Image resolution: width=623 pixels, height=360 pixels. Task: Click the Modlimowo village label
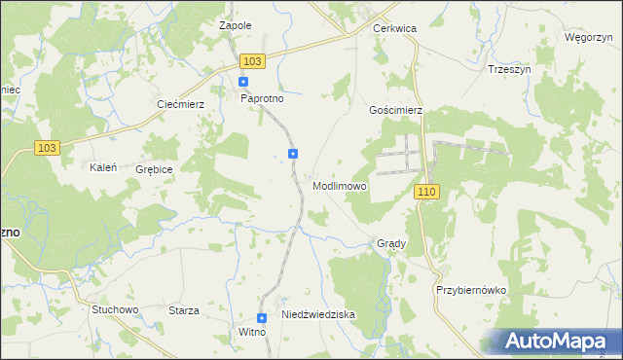(x=340, y=186)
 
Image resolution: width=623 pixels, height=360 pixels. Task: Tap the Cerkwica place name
(x=394, y=29)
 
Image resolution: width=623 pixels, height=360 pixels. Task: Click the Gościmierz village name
(x=395, y=111)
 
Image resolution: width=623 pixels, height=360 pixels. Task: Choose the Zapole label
(x=236, y=25)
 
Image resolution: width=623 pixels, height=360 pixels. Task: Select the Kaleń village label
(x=103, y=167)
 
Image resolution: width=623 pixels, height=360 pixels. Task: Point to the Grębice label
(x=154, y=169)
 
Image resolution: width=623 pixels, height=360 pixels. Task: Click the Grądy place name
(x=390, y=244)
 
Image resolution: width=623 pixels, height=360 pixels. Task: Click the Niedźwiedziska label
(x=318, y=315)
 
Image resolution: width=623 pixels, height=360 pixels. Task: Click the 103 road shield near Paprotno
(x=252, y=61)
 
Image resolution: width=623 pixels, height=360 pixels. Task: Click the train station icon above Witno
(x=262, y=318)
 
